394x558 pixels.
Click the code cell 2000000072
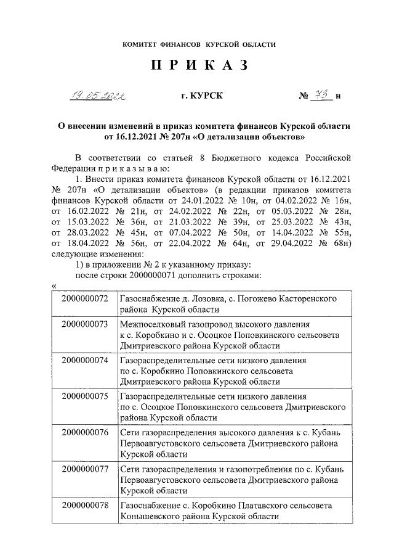[85, 298]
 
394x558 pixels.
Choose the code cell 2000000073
[85, 324]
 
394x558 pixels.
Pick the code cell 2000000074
[85, 359]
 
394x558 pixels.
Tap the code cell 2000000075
[85, 396]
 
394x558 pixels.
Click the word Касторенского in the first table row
[308, 298]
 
